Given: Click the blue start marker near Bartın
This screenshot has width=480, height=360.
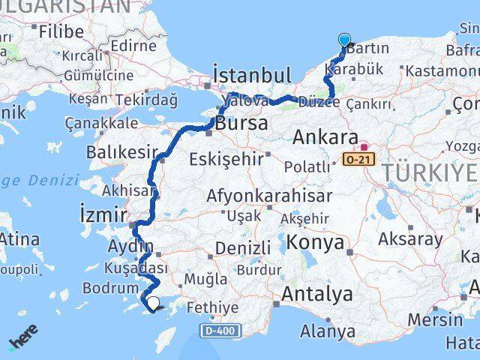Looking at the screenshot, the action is click(x=344, y=40).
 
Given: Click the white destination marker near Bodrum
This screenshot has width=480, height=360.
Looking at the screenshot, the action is click(x=154, y=304).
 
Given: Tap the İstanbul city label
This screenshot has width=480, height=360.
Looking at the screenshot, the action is click(x=251, y=76).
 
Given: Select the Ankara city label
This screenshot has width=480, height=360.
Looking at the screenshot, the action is click(x=325, y=137).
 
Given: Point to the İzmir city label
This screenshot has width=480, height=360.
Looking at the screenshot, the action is click(x=100, y=217).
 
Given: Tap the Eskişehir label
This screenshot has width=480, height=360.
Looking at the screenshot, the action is click(x=226, y=159).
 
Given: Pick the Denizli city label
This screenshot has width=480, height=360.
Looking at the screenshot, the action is click(x=242, y=248).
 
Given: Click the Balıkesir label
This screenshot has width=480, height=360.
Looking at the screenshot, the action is click(x=122, y=153).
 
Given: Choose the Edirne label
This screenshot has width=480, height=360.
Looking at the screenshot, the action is click(x=132, y=46).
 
